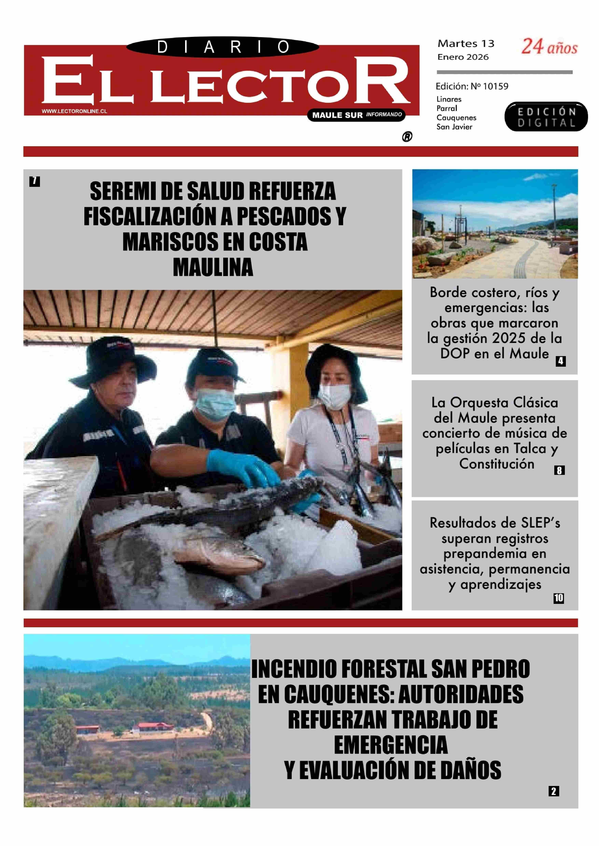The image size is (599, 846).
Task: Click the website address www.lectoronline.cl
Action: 74,111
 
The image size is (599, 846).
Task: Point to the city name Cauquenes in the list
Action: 456,118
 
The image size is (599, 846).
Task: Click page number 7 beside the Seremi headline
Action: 34,181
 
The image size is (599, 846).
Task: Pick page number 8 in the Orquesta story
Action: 559,470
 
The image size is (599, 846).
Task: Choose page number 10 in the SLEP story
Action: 558,598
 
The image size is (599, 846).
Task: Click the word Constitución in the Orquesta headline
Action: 496,464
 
